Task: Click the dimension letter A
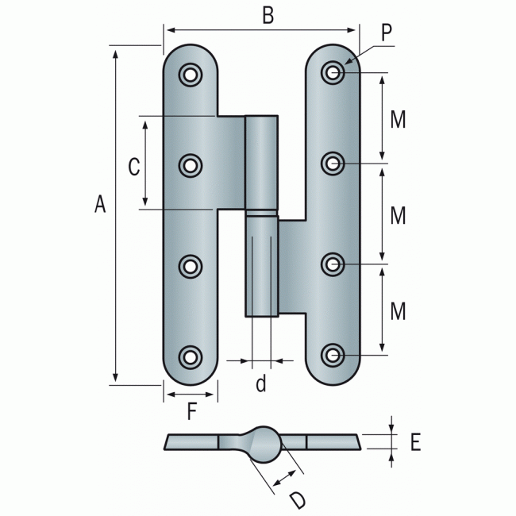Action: [x=99, y=205]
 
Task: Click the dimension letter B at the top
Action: [x=268, y=17]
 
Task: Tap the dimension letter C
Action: [x=134, y=167]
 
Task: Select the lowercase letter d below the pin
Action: [x=260, y=385]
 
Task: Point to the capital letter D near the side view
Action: [x=297, y=500]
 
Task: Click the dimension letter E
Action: [x=414, y=443]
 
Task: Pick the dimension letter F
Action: [x=191, y=411]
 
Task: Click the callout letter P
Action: [x=387, y=33]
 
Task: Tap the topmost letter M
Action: [x=399, y=120]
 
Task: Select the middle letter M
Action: [x=399, y=215]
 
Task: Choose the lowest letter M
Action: [x=399, y=310]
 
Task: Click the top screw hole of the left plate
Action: [x=190, y=74]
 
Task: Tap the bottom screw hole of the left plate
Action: [x=190, y=356]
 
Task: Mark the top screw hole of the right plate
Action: [x=333, y=72]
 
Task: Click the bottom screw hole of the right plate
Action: [x=333, y=354]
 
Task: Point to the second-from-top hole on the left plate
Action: [x=190, y=165]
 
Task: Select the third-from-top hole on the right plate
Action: [x=333, y=263]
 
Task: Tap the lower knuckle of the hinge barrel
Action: [x=261, y=266]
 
